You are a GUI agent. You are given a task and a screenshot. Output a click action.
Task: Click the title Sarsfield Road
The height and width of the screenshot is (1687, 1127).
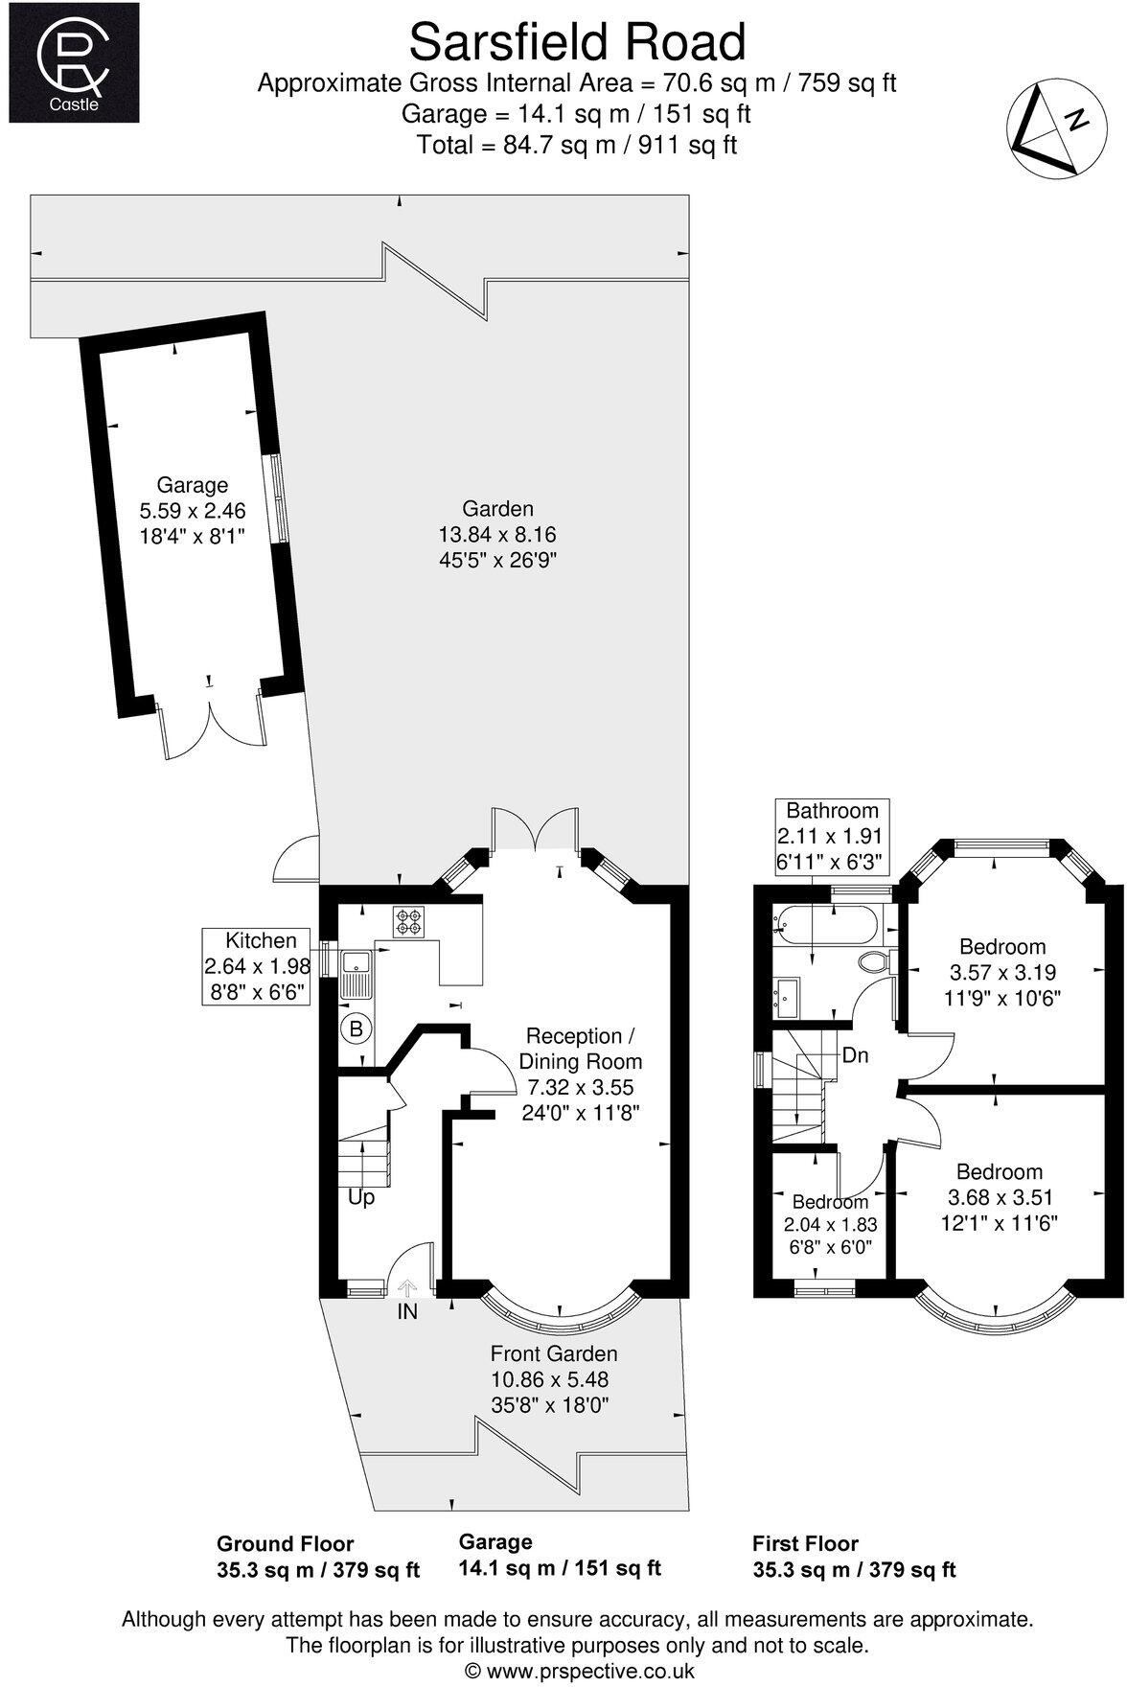577,43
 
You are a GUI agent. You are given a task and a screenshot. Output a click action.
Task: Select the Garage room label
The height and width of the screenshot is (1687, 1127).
193,485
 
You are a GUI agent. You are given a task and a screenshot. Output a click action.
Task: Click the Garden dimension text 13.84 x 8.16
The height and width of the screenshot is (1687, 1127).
496,534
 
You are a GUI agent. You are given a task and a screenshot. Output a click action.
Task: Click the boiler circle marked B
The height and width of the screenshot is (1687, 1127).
356,1029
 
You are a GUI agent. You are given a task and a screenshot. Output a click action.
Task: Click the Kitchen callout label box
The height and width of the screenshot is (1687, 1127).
257,965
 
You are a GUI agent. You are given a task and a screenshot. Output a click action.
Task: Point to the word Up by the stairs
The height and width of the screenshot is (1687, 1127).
361,1197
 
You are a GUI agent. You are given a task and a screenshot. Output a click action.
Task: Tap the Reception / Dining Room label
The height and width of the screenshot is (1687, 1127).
580,1049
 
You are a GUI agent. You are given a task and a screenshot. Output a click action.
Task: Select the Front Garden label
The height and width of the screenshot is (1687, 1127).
553,1353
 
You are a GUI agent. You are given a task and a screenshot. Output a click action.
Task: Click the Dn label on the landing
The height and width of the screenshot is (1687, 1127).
855,1055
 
